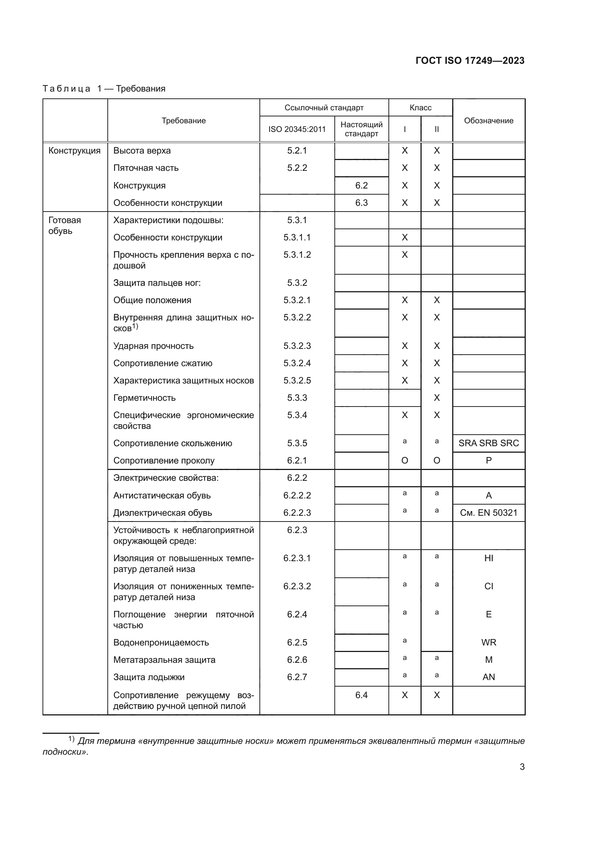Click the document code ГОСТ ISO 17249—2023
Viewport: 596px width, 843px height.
click(x=470, y=61)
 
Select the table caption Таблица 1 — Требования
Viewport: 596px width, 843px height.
click(x=104, y=89)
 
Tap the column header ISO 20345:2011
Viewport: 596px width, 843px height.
click(x=297, y=129)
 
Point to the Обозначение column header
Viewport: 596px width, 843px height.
click(x=488, y=120)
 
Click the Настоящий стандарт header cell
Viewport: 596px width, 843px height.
click(x=361, y=129)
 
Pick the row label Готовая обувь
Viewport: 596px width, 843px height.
click(x=65, y=225)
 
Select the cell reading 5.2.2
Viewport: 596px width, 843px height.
click(x=297, y=168)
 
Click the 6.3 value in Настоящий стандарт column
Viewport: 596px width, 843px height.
click(x=361, y=203)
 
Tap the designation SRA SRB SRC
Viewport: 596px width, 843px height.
click(x=488, y=443)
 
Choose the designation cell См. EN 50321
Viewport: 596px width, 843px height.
click(x=488, y=513)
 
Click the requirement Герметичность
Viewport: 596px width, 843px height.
click(x=144, y=398)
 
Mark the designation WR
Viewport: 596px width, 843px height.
click(x=488, y=642)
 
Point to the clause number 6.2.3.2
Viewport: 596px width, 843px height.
click(x=297, y=586)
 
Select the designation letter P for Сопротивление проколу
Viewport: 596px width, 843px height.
click(x=488, y=460)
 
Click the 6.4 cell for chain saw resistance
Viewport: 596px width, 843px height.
click(x=361, y=695)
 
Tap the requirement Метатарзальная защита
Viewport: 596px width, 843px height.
click(x=164, y=660)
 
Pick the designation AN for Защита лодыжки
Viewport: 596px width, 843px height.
click(x=488, y=677)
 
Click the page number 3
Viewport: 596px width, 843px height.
click(x=522, y=767)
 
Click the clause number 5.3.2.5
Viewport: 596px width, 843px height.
click(x=297, y=380)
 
